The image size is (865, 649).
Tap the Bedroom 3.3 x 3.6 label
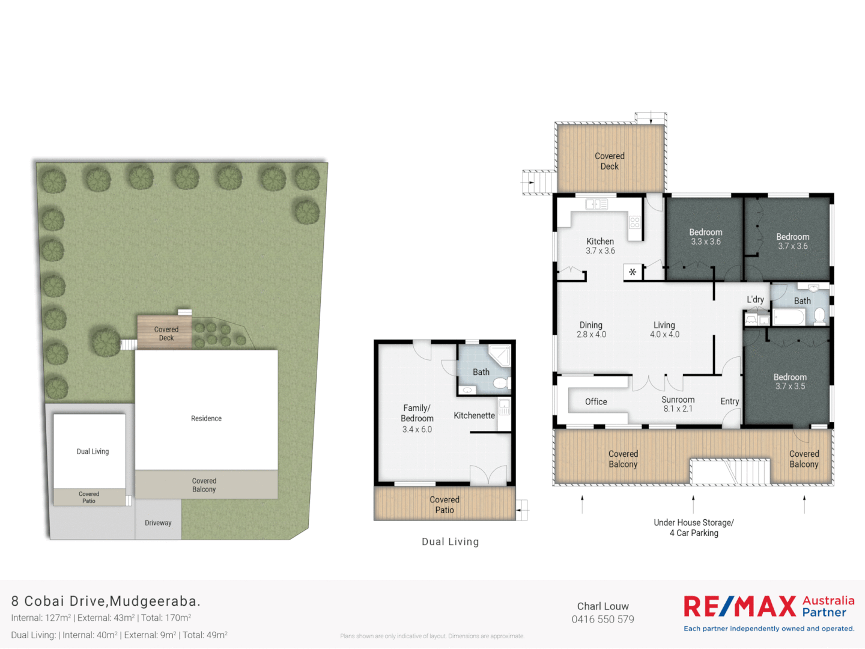tap(705, 237)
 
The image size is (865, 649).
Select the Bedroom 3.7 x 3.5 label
tap(790, 382)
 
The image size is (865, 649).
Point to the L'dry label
tap(755, 299)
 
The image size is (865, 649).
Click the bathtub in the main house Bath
tap(789, 317)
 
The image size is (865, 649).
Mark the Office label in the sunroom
tap(596, 401)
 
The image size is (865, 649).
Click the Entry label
tap(730, 401)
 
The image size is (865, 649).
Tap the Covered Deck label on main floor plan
tap(609, 161)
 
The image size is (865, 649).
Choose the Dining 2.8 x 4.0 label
tap(591, 329)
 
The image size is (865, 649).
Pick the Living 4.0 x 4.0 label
tap(664, 329)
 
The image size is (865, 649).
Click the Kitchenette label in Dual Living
tap(474, 415)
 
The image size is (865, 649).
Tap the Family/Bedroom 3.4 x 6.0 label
tap(417, 418)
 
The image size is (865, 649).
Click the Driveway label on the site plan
tap(158, 523)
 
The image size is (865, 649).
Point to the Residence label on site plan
tap(206, 418)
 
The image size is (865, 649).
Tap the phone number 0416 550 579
tap(602, 620)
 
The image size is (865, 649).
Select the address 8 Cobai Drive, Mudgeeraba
tap(106, 601)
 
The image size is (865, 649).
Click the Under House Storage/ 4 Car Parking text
tap(694, 528)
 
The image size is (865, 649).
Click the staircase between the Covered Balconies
tap(729, 472)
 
